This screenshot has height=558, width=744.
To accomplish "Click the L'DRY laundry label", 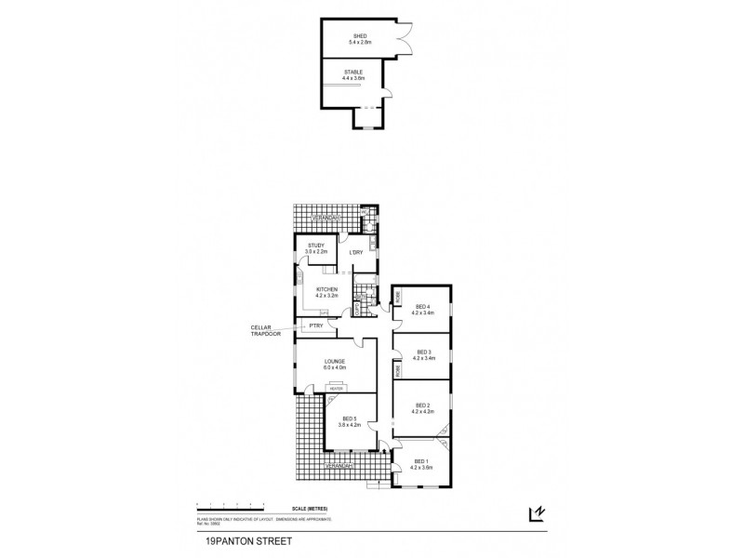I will (x=355, y=253).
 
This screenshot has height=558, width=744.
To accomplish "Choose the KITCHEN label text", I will (x=327, y=289).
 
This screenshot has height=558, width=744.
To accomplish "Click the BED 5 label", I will (x=350, y=418).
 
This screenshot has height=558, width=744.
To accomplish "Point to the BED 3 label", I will (x=423, y=352).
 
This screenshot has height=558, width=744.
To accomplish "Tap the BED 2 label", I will (x=423, y=405).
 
